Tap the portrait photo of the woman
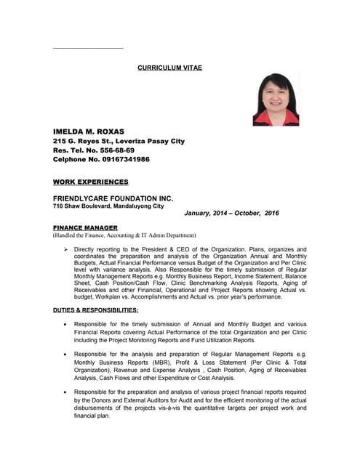pos(276,100)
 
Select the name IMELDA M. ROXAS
pos(89,132)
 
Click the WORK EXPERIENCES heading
pos(90,182)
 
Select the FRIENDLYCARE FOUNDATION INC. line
pos(113,198)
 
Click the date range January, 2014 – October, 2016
pos(231,214)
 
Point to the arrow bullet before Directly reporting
pos(66,249)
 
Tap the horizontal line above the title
pos(87,48)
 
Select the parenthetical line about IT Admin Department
pos(124,235)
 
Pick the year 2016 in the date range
pos(272,214)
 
